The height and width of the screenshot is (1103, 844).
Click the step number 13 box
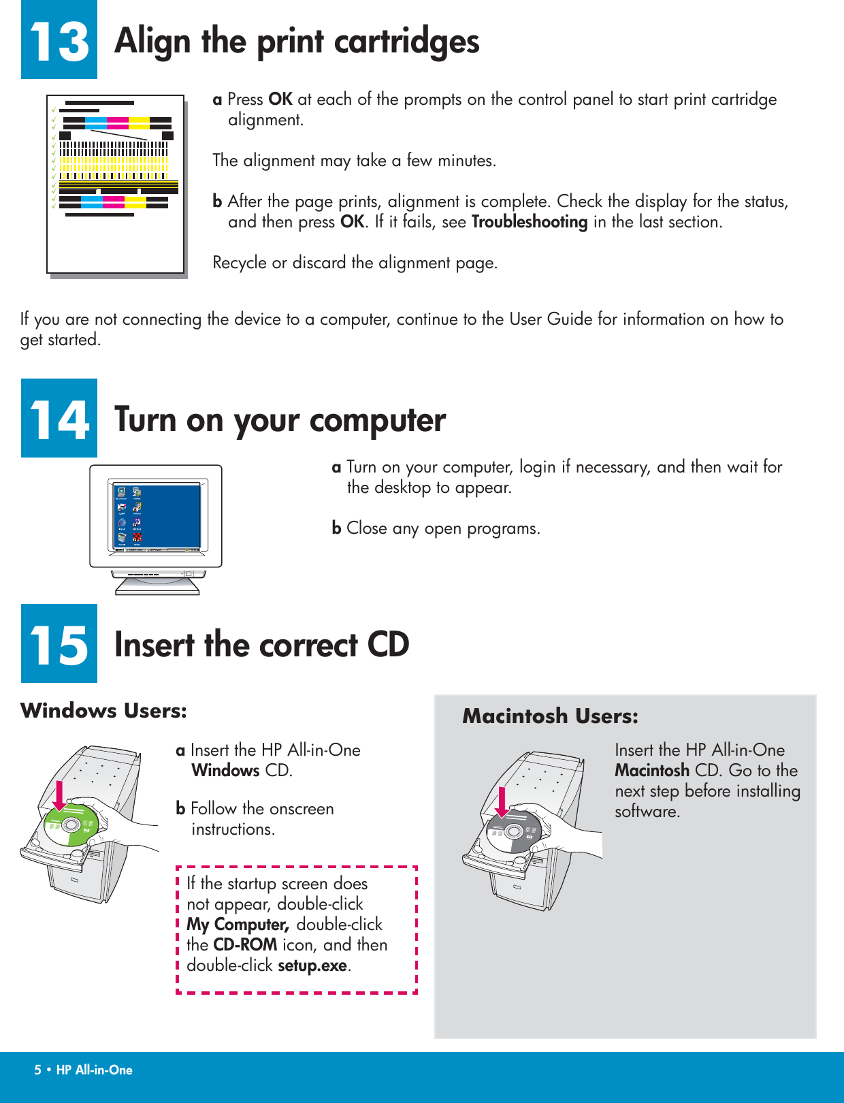59,39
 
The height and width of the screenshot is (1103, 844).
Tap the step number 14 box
59,418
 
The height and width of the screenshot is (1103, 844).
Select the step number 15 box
59,643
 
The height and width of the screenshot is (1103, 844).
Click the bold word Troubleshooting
529,222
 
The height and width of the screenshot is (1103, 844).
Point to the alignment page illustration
116,184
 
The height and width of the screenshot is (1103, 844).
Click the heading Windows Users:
103,711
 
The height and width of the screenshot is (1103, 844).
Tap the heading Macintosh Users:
550,716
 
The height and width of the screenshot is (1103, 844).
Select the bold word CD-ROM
245,945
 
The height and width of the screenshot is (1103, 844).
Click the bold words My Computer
237,925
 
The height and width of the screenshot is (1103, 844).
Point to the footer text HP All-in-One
94,1070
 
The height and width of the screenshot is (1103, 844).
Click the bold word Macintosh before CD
651,771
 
